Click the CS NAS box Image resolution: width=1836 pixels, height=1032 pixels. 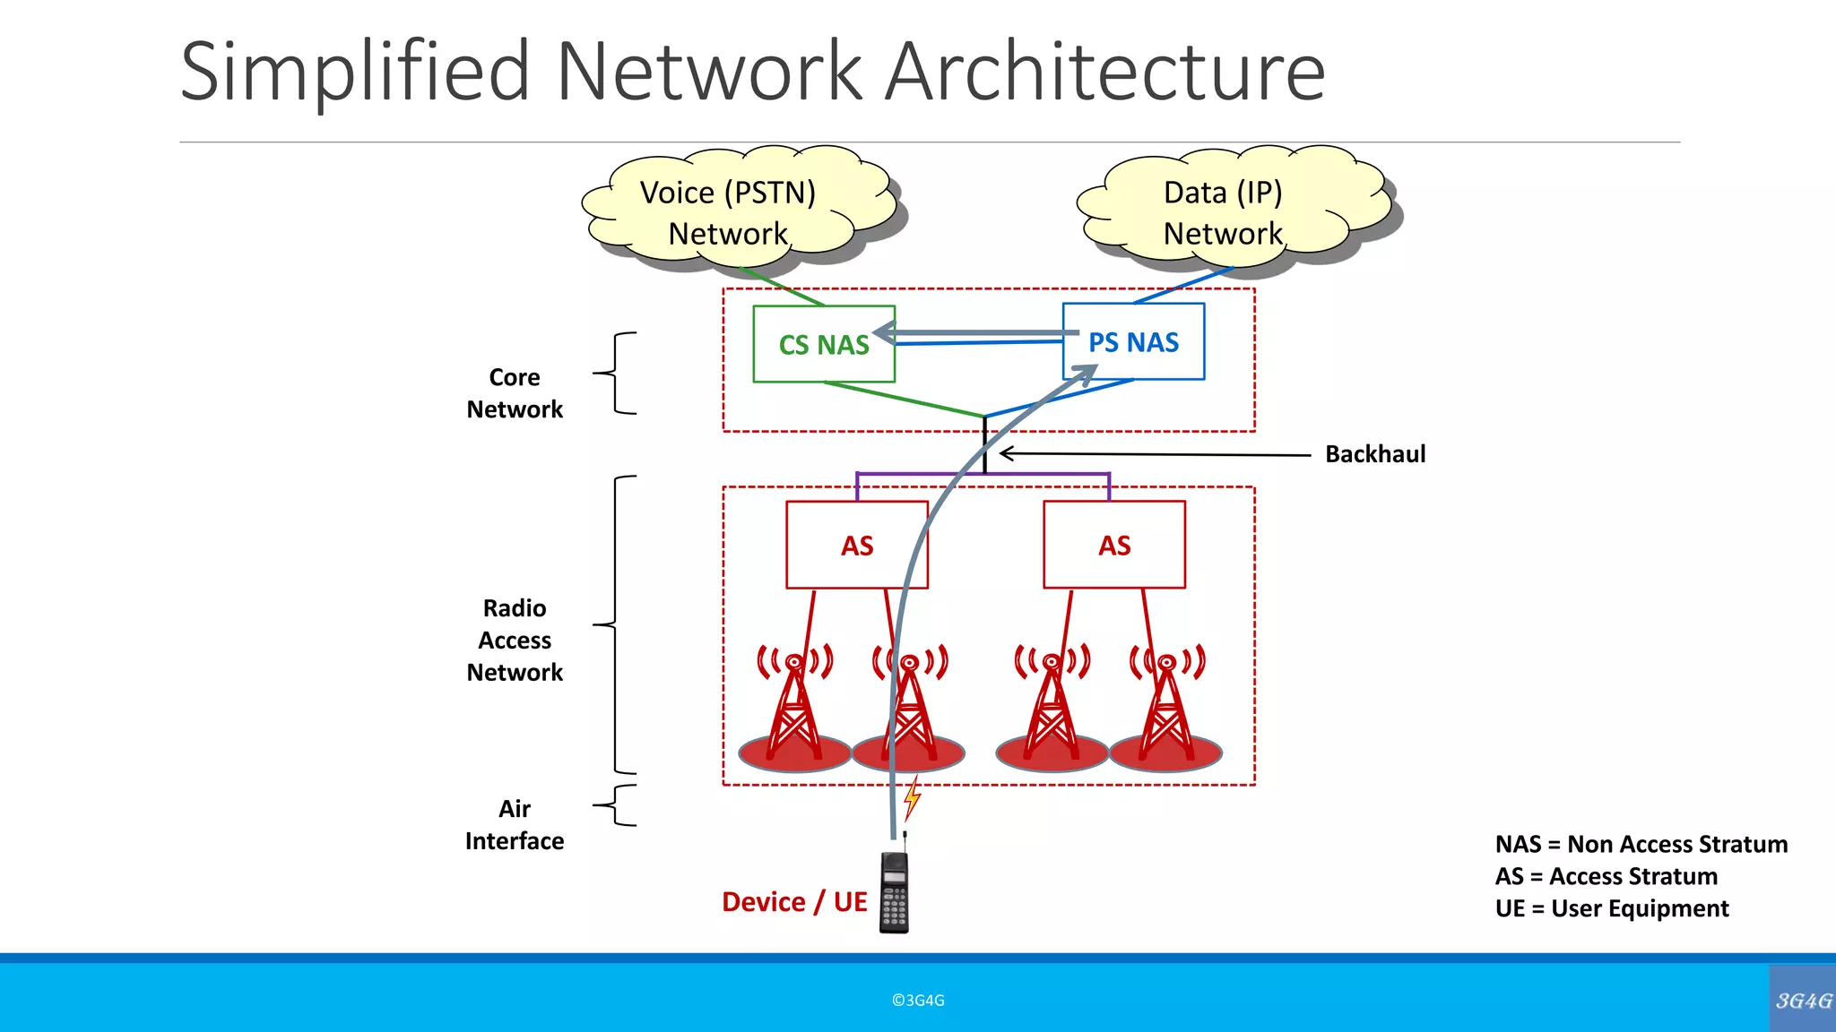[x=823, y=345]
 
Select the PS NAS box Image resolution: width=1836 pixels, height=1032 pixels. [x=1133, y=342]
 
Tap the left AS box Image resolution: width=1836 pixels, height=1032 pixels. [x=857, y=545]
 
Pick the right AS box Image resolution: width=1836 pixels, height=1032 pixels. [x=1114, y=545]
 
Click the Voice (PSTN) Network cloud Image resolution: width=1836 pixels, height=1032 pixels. [x=728, y=212]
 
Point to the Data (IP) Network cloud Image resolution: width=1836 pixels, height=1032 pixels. [x=1223, y=212]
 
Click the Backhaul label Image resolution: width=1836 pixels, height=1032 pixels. [x=1375, y=454]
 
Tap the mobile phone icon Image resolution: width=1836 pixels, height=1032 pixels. [x=895, y=891]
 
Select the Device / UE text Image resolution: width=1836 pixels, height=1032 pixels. [x=794, y=901]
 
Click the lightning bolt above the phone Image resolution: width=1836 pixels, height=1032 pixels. [x=912, y=797]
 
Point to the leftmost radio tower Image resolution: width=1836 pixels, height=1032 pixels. [x=794, y=708]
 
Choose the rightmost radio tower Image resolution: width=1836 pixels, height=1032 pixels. [x=1166, y=708]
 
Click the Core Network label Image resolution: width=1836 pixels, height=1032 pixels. [x=515, y=393]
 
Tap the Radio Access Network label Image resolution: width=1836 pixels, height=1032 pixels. [x=515, y=640]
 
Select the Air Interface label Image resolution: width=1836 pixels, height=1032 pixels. [x=515, y=824]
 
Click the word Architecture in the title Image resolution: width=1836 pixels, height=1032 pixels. [x=1104, y=72]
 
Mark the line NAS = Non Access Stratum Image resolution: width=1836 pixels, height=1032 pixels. [x=1641, y=844]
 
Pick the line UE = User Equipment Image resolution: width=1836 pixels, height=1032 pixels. [x=1611, y=908]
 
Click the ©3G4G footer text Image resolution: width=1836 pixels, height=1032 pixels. [x=918, y=1000]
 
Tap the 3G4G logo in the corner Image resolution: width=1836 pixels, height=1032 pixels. [x=1803, y=1000]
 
